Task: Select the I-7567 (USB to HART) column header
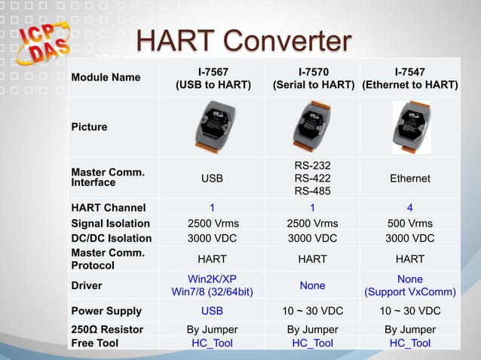pyautogui.click(x=213, y=78)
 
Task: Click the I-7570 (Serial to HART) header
pyautogui.click(x=313, y=78)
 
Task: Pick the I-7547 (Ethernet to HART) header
pyautogui.click(x=409, y=78)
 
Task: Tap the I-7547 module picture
pyautogui.click(x=412, y=125)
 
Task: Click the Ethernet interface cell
pyautogui.click(x=409, y=178)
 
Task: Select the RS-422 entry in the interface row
pyautogui.click(x=312, y=178)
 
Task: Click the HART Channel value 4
pyautogui.click(x=409, y=208)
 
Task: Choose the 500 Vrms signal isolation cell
pyautogui.click(x=409, y=223)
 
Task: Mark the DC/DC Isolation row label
pyautogui.click(x=111, y=238)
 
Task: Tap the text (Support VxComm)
pyautogui.click(x=409, y=292)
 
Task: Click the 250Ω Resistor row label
pyautogui.click(x=106, y=329)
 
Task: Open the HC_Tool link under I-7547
pyautogui.click(x=409, y=343)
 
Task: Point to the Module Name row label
pyautogui.click(x=106, y=78)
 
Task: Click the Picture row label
pyautogui.click(x=89, y=127)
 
